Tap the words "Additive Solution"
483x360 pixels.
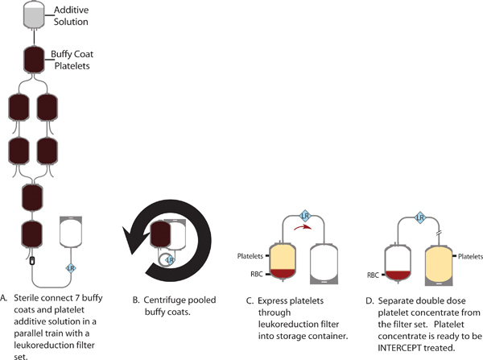[72, 14]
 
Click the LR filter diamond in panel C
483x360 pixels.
[305, 216]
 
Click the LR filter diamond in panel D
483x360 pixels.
[419, 216]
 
